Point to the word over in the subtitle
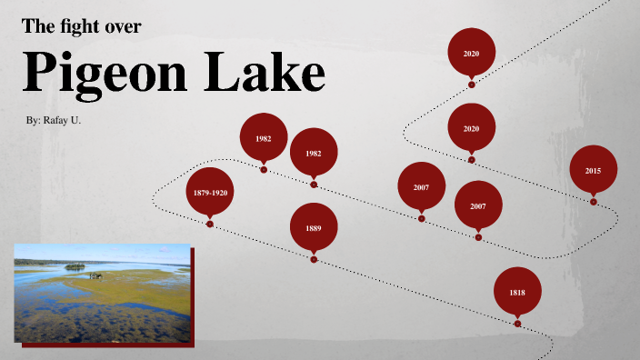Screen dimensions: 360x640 click(x=123, y=27)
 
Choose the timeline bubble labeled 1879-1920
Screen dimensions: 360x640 click(x=210, y=192)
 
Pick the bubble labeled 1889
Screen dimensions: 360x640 click(x=314, y=228)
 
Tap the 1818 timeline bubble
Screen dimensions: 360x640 click(x=517, y=292)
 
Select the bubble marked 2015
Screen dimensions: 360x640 click(x=594, y=170)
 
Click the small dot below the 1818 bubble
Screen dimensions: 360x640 click(x=517, y=323)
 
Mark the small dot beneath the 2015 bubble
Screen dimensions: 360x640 click(x=594, y=202)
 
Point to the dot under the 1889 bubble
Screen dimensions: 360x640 click(x=314, y=259)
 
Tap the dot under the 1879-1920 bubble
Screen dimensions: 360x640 click(x=210, y=224)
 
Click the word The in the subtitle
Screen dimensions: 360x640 click(x=38, y=27)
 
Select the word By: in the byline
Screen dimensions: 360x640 click(x=37, y=120)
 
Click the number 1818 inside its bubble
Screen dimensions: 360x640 click(x=517, y=293)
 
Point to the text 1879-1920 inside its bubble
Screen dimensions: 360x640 click(x=210, y=193)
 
